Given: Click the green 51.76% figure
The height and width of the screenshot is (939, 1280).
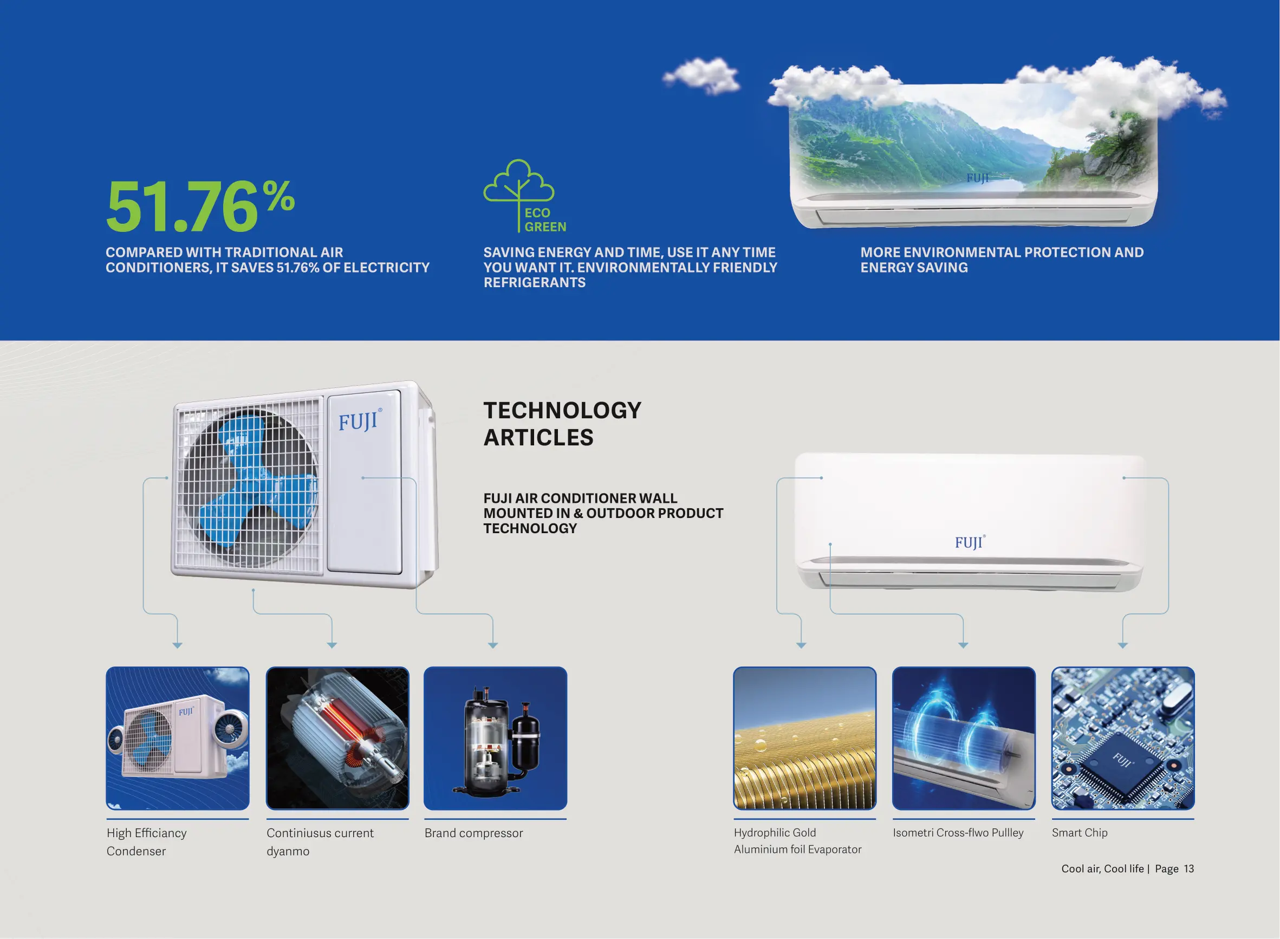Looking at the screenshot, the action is [x=200, y=206].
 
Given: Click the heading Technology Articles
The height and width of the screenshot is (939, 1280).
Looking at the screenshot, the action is [x=562, y=424].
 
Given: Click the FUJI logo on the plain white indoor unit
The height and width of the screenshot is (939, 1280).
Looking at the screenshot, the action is [x=970, y=542].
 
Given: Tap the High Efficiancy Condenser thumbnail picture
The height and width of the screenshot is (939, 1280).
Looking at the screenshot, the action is [x=177, y=739].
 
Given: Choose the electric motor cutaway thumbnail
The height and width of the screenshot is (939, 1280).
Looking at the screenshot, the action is [x=337, y=739].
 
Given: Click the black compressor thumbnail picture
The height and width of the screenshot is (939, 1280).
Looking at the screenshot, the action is [x=496, y=739].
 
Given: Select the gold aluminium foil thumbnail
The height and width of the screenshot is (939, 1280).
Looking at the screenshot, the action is [x=804, y=739].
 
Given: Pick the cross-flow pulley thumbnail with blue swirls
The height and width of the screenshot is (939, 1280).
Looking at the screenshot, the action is [x=964, y=739].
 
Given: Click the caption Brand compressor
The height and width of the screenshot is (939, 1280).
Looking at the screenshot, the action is [x=474, y=833].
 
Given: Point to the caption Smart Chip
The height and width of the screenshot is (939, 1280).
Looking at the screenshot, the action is [x=1080, y=833].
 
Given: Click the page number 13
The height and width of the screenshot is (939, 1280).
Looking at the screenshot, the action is [x=1188, y=869].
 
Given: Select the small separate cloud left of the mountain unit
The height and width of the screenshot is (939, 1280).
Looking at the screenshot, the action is [x=702, y=76].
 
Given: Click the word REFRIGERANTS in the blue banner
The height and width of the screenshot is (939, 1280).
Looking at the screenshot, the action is [x=534, y=282].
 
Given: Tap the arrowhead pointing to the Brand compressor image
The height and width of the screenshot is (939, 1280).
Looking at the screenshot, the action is [x=492, y=645].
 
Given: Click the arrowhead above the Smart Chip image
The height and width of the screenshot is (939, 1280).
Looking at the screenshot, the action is [x=1122, y=645].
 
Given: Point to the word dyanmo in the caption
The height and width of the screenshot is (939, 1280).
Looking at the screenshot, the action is [x=288, y=851].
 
